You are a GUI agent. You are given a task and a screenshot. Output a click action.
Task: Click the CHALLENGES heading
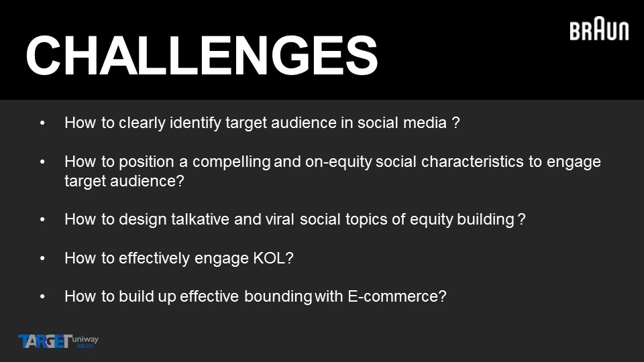(x=201, y=56)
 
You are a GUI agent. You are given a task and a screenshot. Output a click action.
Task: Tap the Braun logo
(x=599, y=29)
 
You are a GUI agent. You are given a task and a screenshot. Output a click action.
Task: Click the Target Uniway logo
(x=58, y=341)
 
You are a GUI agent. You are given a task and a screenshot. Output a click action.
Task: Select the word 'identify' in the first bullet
(x=195, y=123)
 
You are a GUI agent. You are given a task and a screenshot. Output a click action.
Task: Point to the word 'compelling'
(x=231, y=162)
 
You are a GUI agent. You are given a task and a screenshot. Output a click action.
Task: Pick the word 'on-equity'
(x=338, y=162)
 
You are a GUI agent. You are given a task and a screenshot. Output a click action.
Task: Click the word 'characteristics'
(x=472, y=162)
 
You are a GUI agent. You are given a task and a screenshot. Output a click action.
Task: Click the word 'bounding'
(x=278, y=297)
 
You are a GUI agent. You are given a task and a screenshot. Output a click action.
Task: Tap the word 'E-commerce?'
(x=397, y=296)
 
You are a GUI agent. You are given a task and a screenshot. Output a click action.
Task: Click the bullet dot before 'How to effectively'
(x=42, y=258)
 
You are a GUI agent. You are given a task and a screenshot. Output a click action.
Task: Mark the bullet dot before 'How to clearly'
(x=42, y=123)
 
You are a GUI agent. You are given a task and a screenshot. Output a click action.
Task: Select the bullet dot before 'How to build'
(x=42, y=296)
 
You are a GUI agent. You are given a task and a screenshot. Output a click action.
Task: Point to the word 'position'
(x=146, y=162)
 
